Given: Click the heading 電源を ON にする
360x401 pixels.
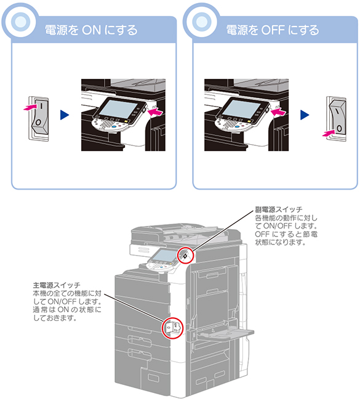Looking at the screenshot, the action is (91, 30).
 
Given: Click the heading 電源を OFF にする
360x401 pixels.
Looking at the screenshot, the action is (273, 30).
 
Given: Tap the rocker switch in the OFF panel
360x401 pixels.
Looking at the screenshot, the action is (337, 118).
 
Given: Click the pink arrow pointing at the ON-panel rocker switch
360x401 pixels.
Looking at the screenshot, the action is (30, 107).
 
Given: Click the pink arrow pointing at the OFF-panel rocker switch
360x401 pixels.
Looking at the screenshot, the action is (329, 133).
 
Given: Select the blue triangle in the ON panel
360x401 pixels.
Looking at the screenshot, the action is (65, 115).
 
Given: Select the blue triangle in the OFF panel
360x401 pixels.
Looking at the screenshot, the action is (305, 115).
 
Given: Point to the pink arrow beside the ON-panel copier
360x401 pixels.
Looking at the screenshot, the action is (155, 111).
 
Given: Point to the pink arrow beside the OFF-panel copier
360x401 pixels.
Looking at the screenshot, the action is (278, 111).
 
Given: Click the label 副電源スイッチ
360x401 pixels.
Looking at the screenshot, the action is (279, 209).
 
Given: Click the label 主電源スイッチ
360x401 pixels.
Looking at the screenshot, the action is (57, 285).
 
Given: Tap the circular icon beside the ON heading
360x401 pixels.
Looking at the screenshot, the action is (20, 22).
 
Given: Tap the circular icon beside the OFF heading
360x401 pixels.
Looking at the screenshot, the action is (202, 22).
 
